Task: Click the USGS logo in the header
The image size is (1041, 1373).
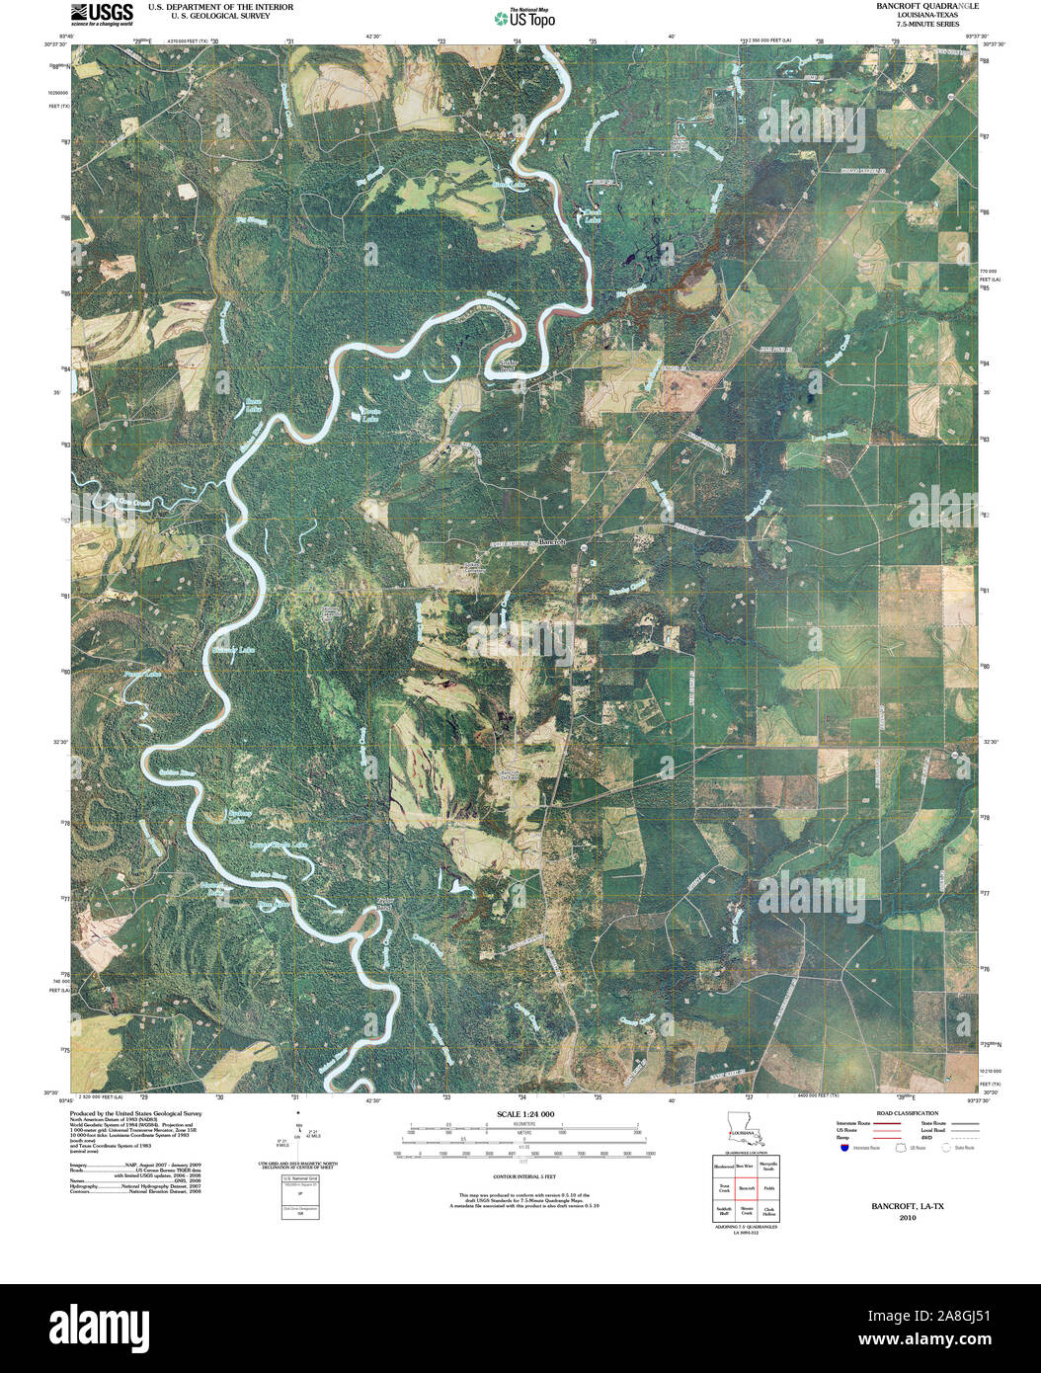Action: [102, 13]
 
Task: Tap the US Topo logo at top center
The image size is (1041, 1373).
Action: [524, 18]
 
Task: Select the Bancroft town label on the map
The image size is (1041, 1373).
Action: [550, 542]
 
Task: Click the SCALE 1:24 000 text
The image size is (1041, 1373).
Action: [520, 1114]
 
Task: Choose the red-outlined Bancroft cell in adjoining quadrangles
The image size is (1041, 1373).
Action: [746, 1188]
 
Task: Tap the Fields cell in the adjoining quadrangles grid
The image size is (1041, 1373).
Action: [768, 1188]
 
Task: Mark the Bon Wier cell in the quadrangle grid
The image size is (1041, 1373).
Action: [746, 1167]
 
